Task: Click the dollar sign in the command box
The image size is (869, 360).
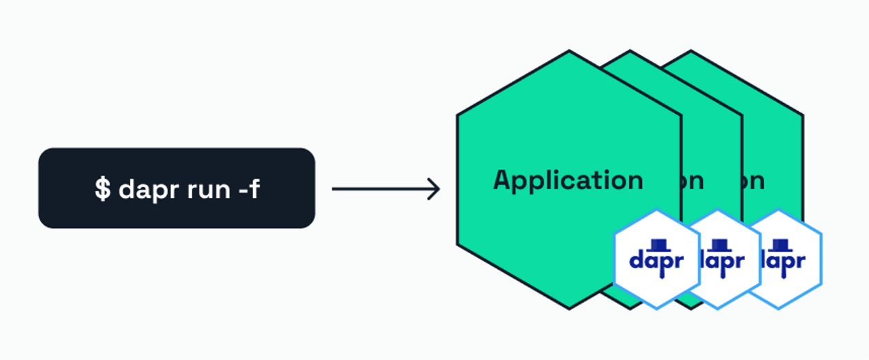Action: tap(102, 188)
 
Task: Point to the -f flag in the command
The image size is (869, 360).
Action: tap(249, 188)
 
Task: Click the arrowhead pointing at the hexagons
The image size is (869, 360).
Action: tap(434, 189)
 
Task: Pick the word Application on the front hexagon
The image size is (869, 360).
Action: tap(568, 181)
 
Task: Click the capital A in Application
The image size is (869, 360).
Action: tap(503, 180)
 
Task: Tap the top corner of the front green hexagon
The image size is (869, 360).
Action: tap(569, 51)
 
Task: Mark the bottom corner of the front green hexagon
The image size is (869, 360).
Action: tap(569, 308)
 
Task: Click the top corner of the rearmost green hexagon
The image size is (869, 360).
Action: tap(690, 51)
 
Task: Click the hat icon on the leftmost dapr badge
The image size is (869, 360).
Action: tap(657, 245)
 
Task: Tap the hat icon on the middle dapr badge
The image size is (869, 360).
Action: tap(719, 245)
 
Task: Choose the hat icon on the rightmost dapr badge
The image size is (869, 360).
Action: tap(780, 245)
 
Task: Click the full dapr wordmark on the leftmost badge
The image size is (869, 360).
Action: tap(657, 262)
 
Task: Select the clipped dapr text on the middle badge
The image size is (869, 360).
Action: tap(723, 262)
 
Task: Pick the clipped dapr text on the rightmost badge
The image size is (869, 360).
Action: tap(783, 262)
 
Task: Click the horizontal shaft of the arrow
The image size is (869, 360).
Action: tap(379, 189)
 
